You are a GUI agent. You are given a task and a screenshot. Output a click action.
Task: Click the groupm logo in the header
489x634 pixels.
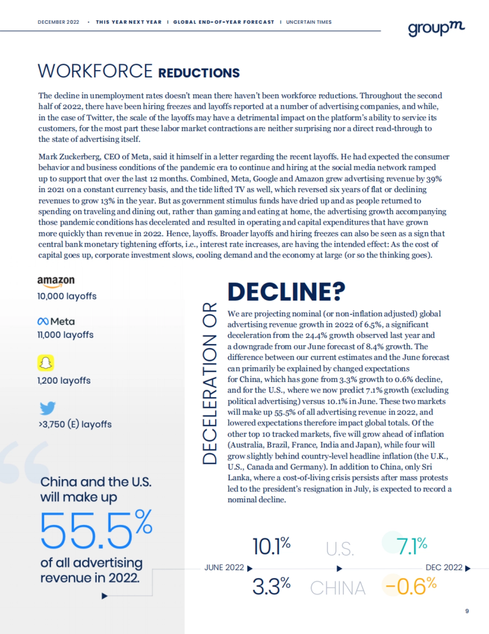(436, 28)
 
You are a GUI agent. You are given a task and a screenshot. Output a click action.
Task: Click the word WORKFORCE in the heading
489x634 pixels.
(95, 71)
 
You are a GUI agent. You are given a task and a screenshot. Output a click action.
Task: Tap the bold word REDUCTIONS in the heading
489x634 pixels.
(199, 73)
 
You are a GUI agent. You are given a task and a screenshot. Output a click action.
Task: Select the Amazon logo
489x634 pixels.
(56, 281)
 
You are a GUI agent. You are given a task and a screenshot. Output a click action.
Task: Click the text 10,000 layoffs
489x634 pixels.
(67, 296)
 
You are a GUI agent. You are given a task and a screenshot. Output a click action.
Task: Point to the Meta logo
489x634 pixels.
(56, 322)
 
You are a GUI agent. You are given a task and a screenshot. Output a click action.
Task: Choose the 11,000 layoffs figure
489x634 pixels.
(65, 335)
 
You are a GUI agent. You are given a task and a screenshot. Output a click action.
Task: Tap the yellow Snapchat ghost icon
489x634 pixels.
(46, 362)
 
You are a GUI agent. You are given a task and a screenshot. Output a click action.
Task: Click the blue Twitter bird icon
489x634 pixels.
(48, 408)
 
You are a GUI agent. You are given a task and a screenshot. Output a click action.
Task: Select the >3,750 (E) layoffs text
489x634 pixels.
(75, 424)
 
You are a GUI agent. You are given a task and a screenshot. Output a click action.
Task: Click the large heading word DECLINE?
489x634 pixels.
(286, 292)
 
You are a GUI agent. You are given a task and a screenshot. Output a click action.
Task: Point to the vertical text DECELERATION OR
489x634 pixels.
(209, 383)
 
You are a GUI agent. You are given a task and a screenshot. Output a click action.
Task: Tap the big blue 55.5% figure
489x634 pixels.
(96, 529)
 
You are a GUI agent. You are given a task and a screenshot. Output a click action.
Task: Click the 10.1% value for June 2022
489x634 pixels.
(271, 546)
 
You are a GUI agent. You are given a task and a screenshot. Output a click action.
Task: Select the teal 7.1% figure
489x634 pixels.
(411, 546)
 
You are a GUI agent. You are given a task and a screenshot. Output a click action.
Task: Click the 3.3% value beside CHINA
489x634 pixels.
(271, 587)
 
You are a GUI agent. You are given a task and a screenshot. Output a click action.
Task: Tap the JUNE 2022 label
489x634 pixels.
(224, 568)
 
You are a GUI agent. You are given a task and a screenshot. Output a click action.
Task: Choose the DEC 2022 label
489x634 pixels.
(444, 568)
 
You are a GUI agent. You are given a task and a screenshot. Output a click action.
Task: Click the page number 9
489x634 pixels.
(467, 611)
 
